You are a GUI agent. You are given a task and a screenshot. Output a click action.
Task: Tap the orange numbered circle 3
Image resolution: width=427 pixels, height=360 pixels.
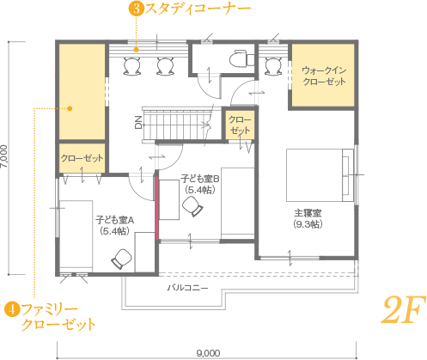click(137, 9)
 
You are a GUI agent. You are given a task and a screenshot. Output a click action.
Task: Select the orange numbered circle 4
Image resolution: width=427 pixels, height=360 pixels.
click(12, 309)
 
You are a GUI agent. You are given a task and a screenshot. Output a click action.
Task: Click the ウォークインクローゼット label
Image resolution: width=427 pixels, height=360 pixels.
click(324, 76)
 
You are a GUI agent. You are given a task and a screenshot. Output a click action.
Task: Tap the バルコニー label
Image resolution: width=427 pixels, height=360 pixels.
click(187, 288)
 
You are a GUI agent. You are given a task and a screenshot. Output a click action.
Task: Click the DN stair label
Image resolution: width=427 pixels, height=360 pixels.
click(138, 122)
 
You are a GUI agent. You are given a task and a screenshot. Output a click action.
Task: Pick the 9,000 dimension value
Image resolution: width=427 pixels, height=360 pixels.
click(209, 353)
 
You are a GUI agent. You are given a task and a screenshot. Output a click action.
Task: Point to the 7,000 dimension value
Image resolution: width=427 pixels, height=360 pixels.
click(4, 156)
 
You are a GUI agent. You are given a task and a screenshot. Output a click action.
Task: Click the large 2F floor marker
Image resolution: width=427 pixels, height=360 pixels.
click(404, 310)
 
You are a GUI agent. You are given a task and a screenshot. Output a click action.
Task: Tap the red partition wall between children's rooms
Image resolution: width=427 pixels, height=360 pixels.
click(157, 208)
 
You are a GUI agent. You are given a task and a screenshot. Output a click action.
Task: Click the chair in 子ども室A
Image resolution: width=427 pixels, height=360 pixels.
click(121, 259)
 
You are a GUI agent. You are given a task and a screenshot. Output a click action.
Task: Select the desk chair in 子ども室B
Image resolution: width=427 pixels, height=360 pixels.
click(192, 206)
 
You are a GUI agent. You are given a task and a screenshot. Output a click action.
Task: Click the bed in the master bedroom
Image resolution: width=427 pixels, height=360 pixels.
click(320, 175)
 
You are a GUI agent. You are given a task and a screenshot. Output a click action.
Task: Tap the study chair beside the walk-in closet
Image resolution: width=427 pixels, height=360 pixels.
click(273, 66)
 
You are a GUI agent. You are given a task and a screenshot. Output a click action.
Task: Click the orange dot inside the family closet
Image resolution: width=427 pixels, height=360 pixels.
click(70, 108)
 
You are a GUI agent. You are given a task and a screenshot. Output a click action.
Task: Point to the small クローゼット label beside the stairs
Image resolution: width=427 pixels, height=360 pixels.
click(240, 125)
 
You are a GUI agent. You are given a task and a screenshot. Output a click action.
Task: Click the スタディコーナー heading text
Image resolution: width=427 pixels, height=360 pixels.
click(198, 9)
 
